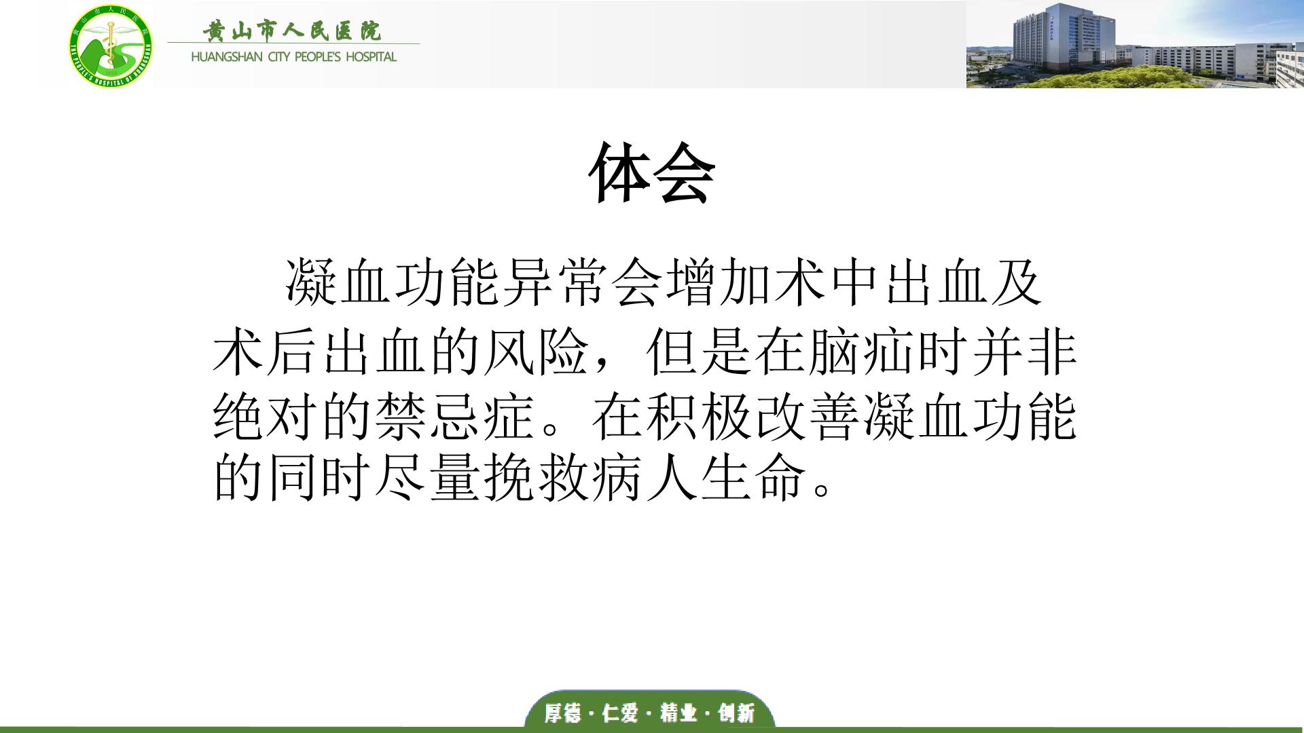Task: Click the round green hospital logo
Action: click(111, 45)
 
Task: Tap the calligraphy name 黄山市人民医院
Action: click(292, 31)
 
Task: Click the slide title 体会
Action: click(652, 173)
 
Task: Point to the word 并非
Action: click(1025, 354)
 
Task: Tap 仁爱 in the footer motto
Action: click(621, 713)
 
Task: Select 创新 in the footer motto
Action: click(737, 713)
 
